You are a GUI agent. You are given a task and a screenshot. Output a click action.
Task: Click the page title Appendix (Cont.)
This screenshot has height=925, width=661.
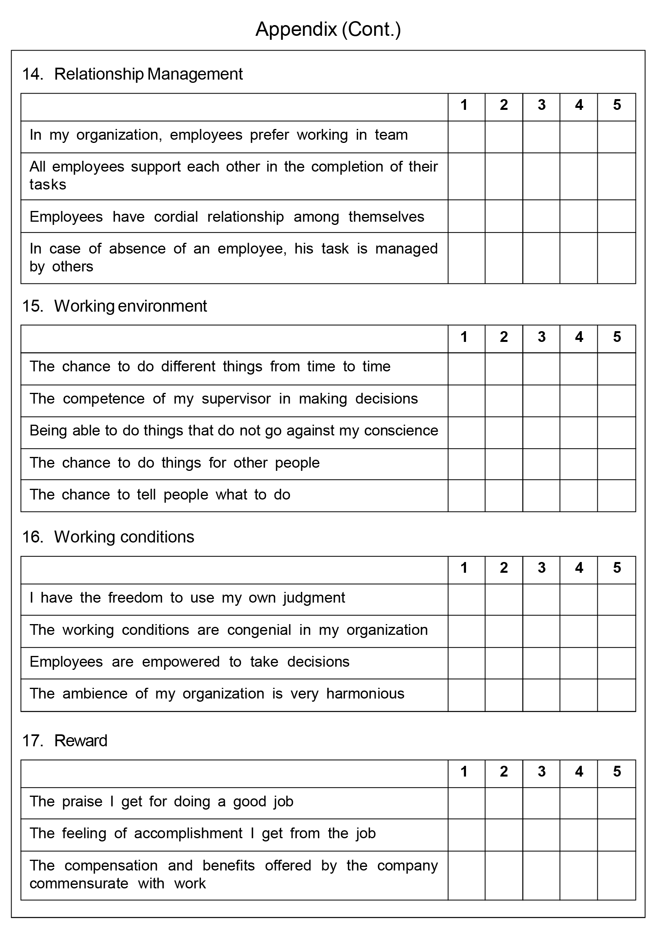pyautogui.click(x=328, y=29)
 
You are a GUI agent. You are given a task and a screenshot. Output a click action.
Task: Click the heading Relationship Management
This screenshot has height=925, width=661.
pyautogui.click(x=148, y=74)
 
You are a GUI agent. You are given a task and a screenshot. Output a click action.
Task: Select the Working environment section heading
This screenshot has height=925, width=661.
pyautogui.click(x=130, y=306)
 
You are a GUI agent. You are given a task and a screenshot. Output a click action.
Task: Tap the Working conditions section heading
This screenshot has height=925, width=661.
pyautogui.click(x=124, y=537)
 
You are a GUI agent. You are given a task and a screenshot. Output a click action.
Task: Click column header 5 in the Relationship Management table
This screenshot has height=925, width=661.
pyautogui.click(x=617, y=105)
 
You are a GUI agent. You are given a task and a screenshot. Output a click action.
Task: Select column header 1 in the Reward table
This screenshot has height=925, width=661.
pyautogui.click(x=464, y=771)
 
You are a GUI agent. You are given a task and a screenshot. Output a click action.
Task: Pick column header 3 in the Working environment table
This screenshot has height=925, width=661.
pyautogui.click(x=541, y=337)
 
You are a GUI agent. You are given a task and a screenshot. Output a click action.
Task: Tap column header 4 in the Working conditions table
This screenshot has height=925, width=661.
pyautogui.click(x=579, y=568)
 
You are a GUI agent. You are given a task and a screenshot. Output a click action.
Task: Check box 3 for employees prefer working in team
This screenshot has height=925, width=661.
pyautogui.click(x=541, y=137)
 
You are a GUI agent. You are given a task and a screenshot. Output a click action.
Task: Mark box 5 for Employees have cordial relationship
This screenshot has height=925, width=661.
pyautogui.click(x=617, y=216)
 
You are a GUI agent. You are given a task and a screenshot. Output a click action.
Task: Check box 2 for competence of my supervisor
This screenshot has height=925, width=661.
pyautogui.click(x=504, y=401)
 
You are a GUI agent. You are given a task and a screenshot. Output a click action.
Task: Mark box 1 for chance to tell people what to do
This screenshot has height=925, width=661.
pyautogui.click(x=466, y=496)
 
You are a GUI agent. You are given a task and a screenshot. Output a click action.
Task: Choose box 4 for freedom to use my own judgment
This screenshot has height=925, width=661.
pyautogui.click(x=579, y=599)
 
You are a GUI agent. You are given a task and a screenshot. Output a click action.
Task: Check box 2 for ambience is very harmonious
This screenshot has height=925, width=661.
pyautogui.click(x=504, y=695)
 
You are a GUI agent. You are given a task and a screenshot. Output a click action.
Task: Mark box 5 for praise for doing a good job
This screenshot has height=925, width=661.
pyautogui.click(x=617, y=803)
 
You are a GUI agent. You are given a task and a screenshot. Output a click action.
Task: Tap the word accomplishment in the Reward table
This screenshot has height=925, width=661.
pyautogui.click(x=188, y=833)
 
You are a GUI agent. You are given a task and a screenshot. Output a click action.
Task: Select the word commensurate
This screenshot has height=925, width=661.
pyautogui.click(x=78, y=884)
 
